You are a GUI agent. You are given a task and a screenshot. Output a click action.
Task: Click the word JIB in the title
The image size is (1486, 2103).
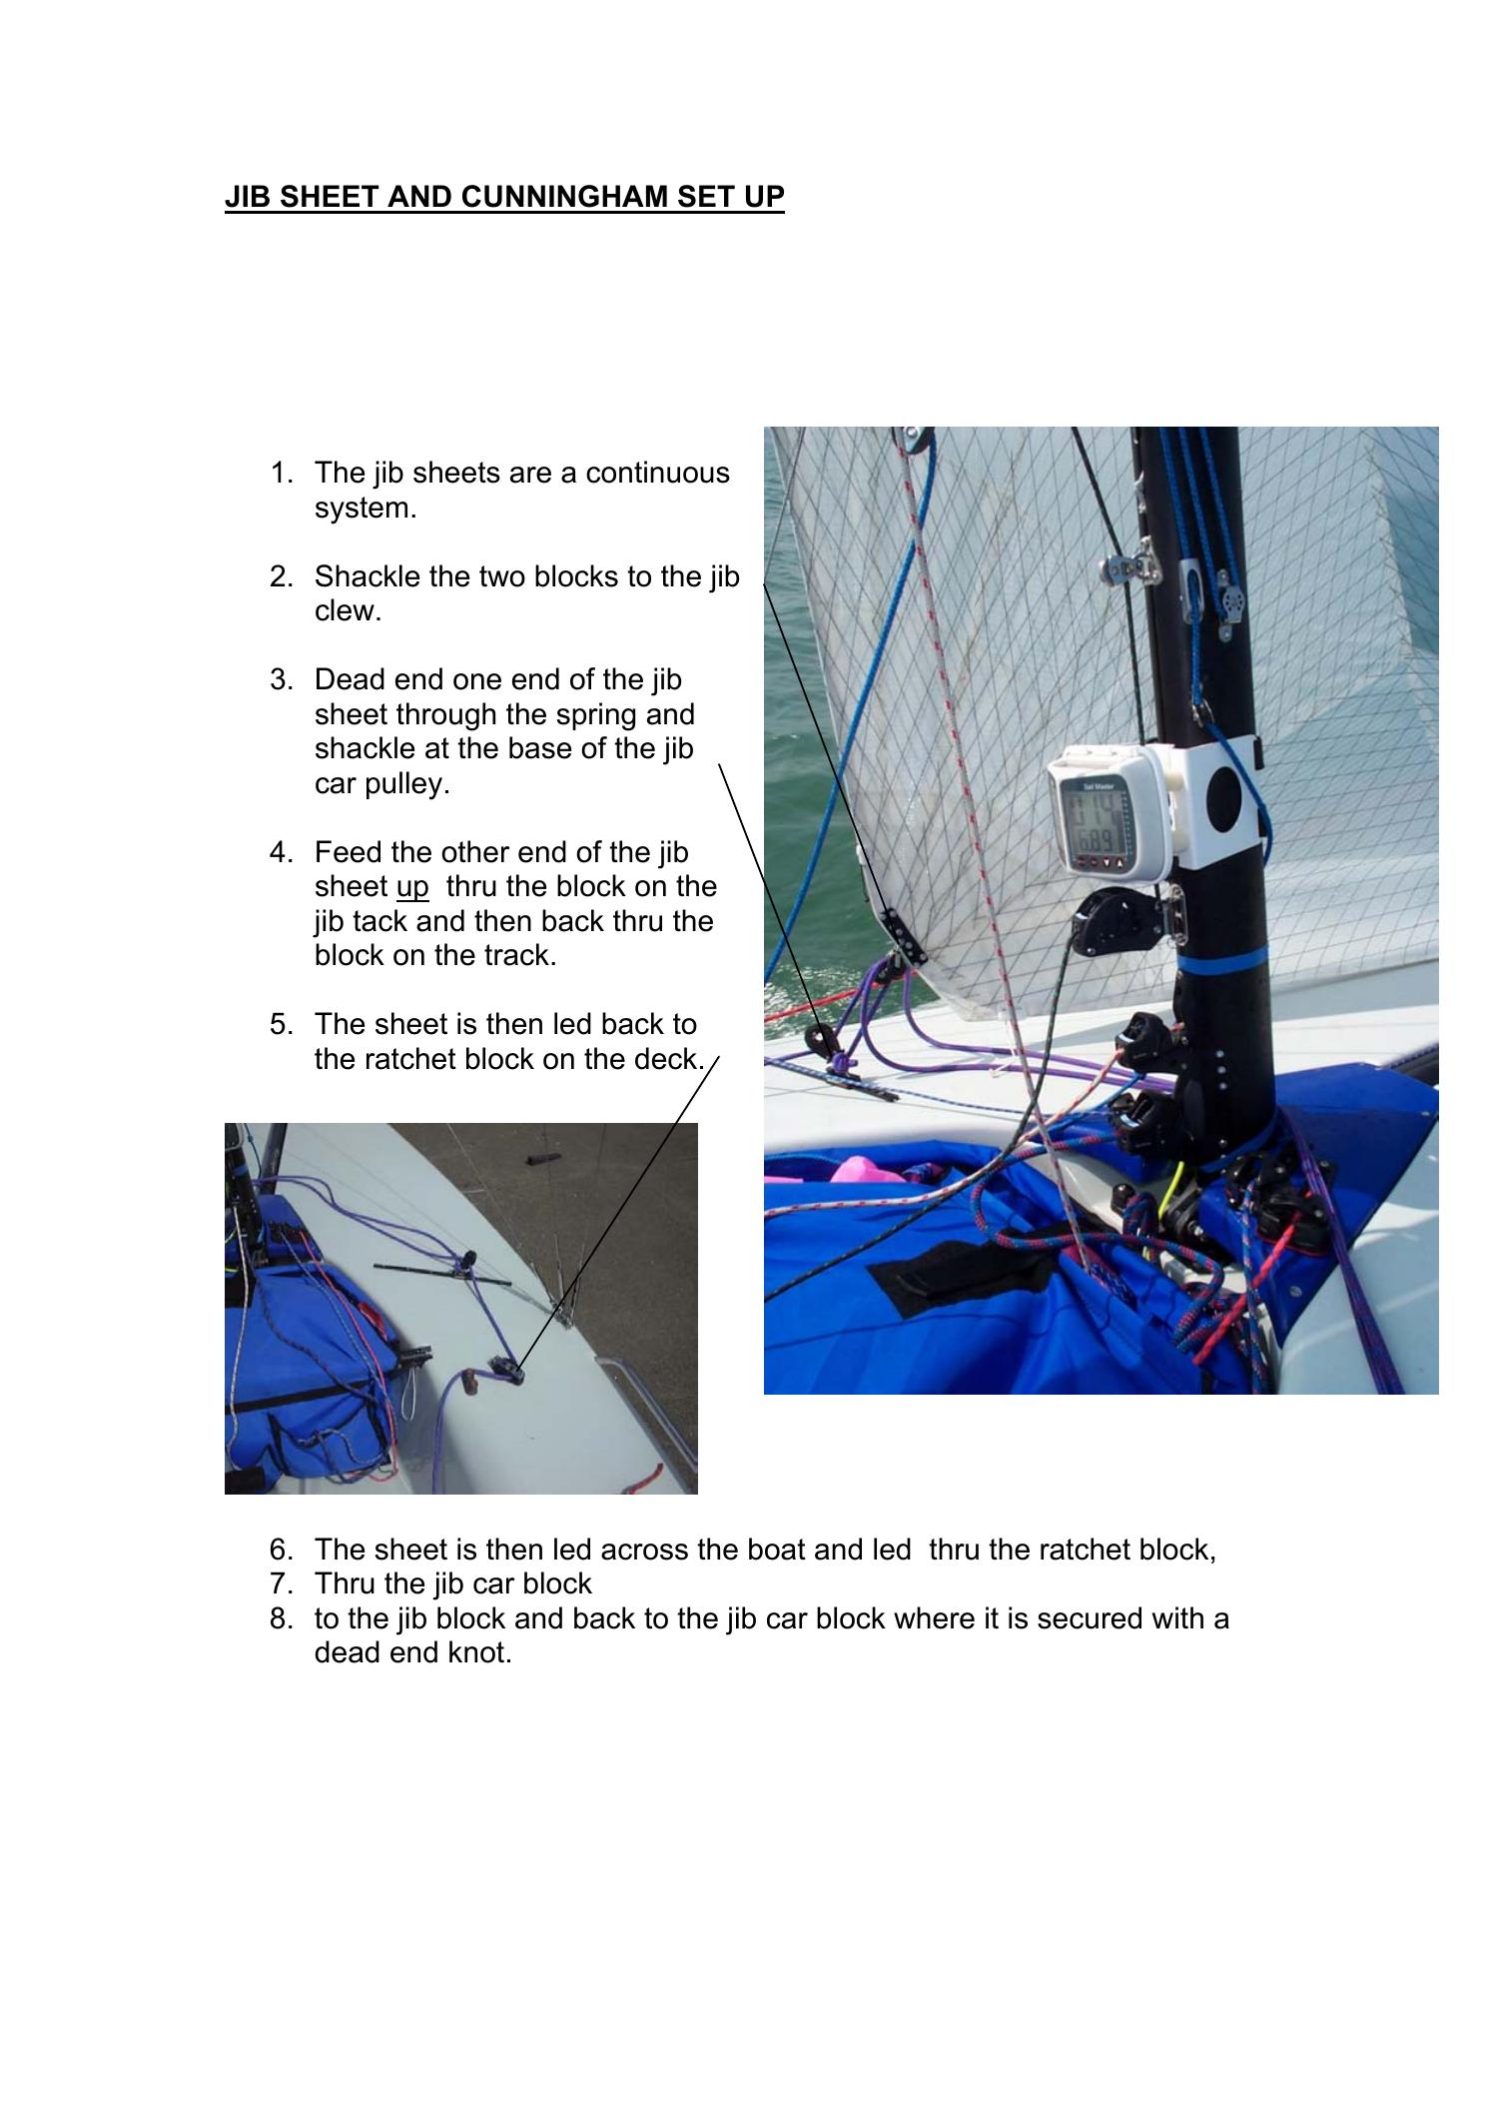coord(246,197)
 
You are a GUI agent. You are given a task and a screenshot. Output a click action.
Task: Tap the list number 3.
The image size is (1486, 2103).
coord(281,680)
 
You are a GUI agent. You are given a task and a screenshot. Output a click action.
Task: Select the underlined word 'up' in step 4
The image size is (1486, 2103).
coord(411,887)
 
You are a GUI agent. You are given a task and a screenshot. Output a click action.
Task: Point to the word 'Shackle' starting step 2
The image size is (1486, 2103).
coord(367,577)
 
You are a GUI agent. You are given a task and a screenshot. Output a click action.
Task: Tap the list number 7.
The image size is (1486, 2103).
coord(281,1583)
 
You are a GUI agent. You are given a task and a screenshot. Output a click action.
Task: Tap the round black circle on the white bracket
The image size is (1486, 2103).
coord(1223,796)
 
